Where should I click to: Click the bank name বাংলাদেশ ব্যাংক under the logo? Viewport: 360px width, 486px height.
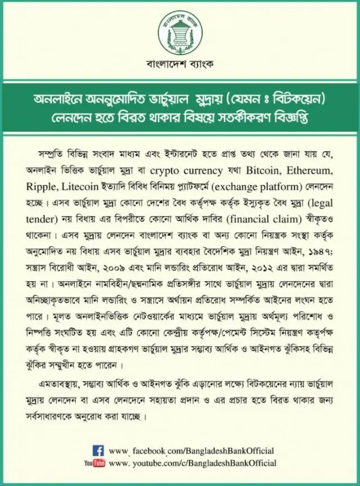pyautogui.click(x=179, y=64)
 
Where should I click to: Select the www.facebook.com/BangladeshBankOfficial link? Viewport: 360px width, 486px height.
pyautogui.click(x=191, y=451)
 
